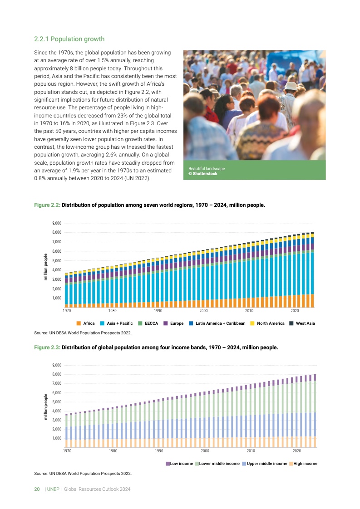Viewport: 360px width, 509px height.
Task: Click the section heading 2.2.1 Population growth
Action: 69,39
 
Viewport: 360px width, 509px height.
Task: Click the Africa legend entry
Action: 86,323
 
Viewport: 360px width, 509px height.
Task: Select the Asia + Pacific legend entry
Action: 116,323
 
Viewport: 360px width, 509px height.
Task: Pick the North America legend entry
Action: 267,323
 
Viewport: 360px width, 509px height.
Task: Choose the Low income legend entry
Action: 179,464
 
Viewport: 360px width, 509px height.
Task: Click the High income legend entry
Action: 303,464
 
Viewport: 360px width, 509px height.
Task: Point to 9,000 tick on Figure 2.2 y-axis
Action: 56,223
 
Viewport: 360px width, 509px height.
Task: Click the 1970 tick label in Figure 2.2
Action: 67,311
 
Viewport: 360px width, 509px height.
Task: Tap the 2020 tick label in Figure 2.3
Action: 297,451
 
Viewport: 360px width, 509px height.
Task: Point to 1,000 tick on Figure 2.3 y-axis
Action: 56,438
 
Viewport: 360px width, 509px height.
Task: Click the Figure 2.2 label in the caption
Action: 47,205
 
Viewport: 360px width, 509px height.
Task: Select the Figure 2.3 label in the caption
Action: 47,347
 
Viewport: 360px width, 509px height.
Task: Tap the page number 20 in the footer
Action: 37,489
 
